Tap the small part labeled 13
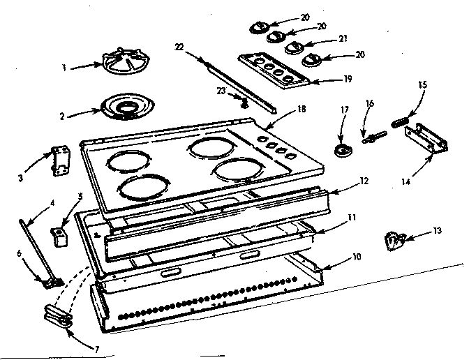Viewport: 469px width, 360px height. tap(394, 239)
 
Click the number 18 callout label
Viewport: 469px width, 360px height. tap(282, 110)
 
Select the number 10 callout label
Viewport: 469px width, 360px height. tap(357, 257)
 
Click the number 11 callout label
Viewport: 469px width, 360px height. tap(353, 218)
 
